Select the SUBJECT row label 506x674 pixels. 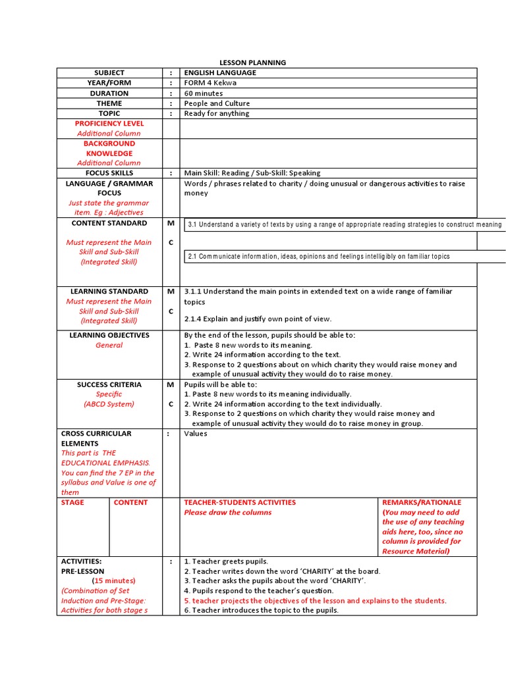[109, 72]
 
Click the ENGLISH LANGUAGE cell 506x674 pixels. [220, 72]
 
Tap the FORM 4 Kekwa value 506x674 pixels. [210, 83]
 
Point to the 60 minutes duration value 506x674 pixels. [203, 93]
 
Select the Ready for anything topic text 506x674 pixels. [217, 113]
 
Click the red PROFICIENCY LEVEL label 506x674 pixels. [109, 123]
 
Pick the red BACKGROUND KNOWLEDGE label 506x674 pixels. [109, 148]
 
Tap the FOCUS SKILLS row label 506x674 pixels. [109, 173]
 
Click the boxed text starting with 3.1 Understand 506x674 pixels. [344, 225]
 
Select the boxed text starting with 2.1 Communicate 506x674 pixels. [319, 256]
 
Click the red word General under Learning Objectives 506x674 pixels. [109, 345]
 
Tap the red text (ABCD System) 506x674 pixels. [109, 404]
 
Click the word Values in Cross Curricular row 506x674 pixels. [196, 434]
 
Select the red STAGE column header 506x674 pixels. [72, 502]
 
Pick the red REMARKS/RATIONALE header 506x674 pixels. [422, 502]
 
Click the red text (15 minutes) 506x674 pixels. [115, 581]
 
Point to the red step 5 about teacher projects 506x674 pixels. [315, 600]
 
